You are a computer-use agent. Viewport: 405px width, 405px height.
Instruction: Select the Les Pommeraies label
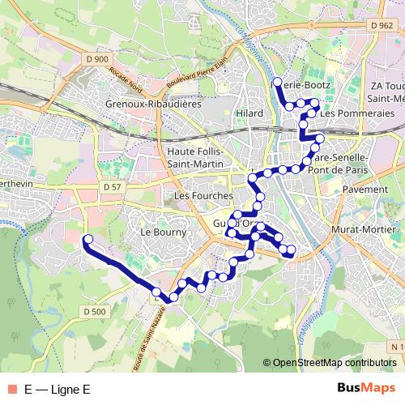(357, 113)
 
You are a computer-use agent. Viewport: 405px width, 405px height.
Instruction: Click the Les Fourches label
(203, 196)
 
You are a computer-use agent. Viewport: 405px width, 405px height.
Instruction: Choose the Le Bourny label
(164, 232)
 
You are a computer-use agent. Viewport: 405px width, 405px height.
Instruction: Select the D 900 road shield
(96, 59)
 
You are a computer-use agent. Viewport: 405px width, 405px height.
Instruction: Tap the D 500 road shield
(94, 312)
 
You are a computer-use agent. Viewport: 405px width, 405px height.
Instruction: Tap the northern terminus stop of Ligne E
(277, 83)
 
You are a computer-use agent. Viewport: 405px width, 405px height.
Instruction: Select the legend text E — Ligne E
(57, 389)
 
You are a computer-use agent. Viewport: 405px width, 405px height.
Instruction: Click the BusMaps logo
(367, 388)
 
